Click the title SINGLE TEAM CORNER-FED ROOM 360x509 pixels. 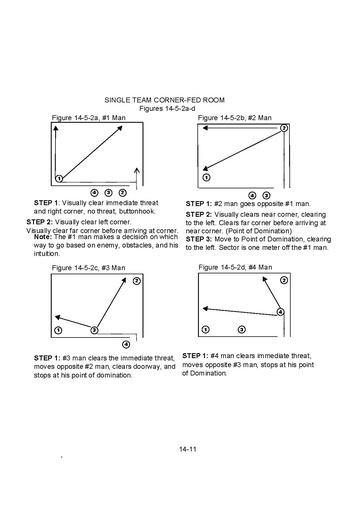click(164, 100)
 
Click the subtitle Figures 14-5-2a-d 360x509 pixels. click(167, 109)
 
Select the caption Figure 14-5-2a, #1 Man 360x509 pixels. click(89, 118)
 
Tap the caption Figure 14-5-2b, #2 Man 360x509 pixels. click(235, 118)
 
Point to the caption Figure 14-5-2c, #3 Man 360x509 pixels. click(89, 268)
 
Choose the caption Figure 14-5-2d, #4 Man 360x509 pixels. click(235, 267)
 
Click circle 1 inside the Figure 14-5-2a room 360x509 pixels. click(59, 179)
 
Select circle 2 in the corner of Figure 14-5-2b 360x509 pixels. click(283, 128)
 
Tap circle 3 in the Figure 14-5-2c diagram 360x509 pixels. click(94, 330)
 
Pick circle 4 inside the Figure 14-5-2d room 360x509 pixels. click(281, 312)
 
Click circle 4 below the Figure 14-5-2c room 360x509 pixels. click(126, 344)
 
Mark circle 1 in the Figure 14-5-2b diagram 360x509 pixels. click(206, 177)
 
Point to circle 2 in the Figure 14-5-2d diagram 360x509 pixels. click(284, 280)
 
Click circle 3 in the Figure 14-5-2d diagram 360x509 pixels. click(242, 330)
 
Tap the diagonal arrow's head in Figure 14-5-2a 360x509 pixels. click(122, 126)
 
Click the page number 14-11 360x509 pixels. click(188, 449)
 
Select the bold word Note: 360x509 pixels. click(43, 237)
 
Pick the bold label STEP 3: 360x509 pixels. click(199, 239)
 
